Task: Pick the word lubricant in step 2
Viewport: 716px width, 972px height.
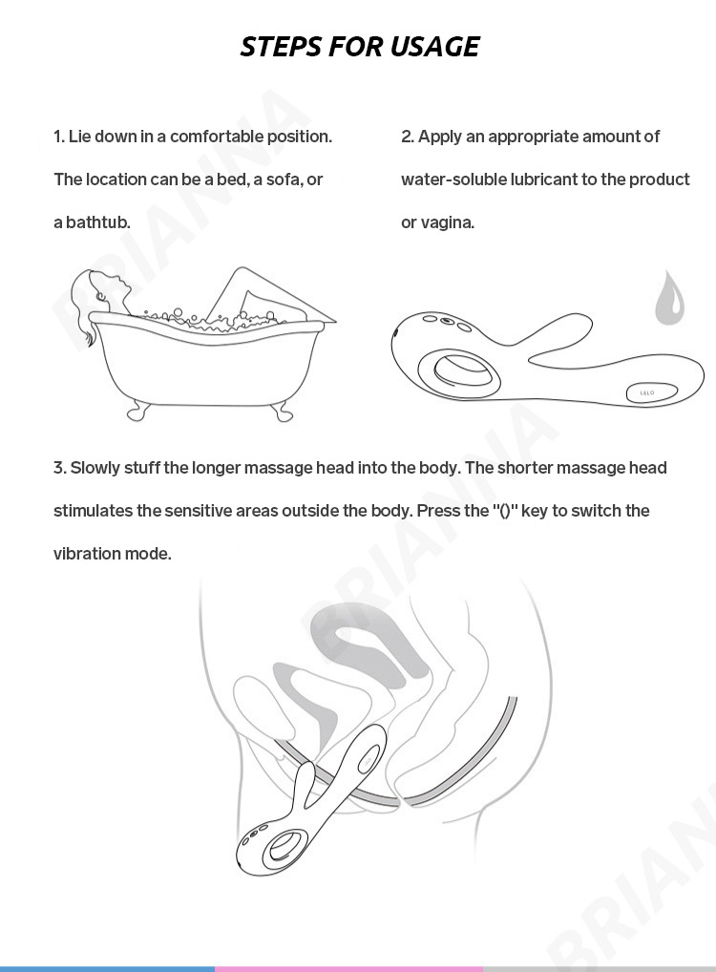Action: point(543,180)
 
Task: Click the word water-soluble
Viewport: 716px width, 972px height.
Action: point(453,180)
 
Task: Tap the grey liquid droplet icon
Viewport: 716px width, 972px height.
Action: point(670,298)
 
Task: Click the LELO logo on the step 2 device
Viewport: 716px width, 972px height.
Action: point(647,392)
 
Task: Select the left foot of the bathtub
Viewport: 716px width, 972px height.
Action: point(137,412)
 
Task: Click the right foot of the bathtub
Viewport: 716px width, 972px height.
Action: point(283,412)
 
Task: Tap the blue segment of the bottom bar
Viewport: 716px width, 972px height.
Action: point(107,968)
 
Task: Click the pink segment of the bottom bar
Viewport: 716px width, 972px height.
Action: point(349,968)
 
